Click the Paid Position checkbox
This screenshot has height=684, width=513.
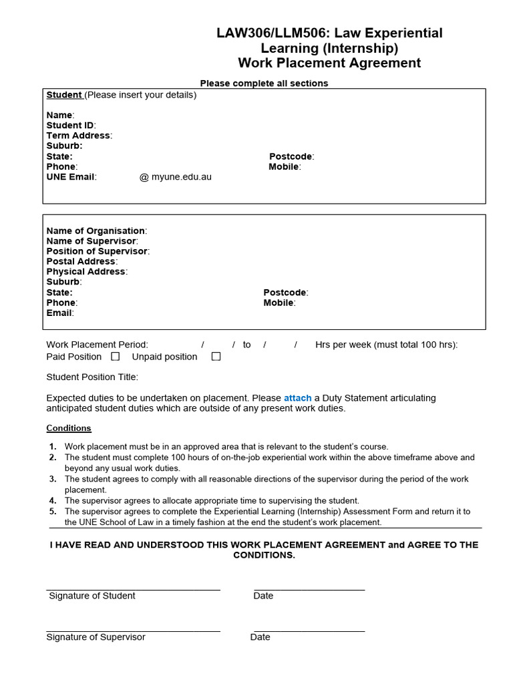pyautogui.click(x=116, y=357)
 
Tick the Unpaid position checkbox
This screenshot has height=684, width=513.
pyautogui.click(x=216, y=357)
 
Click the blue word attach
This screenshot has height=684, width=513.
pyautogui.click(x=297, y=398)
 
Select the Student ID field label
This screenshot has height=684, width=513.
pyautogui.click(x=70, y=126)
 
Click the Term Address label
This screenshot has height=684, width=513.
pyautogui.click(x=78, y=136)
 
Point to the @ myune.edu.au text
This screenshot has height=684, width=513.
pyautogui.click(x=175, y=177)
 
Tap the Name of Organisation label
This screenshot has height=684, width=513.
pyautogui.click(x=96, y=231)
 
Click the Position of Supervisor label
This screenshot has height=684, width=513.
pyautogui.click(x=97, y=251)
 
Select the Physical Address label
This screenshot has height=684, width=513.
pyautogui.click(x=85, y=272)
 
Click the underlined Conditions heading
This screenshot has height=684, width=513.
pyautogui.click(x=69, y=428)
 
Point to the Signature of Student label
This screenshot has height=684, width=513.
pyautogui.click(x=92, y=596)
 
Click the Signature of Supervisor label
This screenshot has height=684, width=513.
pyautogui.click(x=96, y=637)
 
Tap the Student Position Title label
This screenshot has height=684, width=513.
pyautogui.click(x=92, y=377)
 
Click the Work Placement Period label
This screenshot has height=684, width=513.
pyautogui.click(x=97, y=345)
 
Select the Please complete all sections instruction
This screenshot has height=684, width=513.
pyautogui.click(x=264, y=83)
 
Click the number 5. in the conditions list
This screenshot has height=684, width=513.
pyautogui.click(x=53, y=512)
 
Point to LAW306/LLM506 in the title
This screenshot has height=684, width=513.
pyautogui.click(x=271, y=33)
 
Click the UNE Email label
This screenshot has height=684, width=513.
pyautogui.click(x=71, y=177)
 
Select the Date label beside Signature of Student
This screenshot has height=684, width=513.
pyautogui.click(x=263, y=596)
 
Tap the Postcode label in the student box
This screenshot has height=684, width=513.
pyautogui.click(x=291, y=156)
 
